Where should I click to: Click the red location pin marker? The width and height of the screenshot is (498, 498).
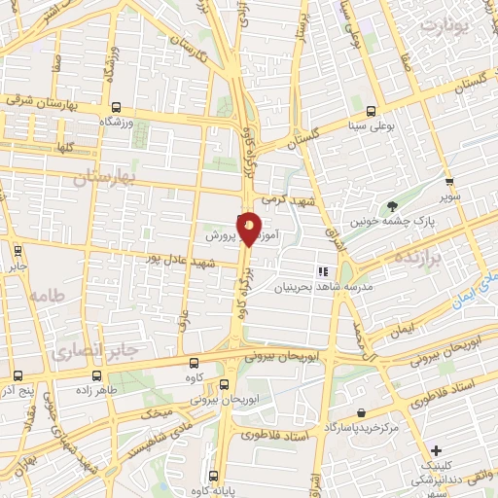249,228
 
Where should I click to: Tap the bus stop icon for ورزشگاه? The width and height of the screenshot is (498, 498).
117,108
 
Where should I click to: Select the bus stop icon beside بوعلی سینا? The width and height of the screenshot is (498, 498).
372,110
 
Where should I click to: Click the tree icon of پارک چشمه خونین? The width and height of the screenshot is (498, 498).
392,206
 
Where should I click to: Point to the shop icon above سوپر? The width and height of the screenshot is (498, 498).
448,181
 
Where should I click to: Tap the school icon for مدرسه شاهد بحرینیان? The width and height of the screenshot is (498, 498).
323,271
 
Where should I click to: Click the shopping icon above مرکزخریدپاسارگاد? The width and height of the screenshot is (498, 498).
361,412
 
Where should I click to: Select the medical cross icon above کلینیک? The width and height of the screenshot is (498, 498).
437,450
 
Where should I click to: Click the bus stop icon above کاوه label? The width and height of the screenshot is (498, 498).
191,362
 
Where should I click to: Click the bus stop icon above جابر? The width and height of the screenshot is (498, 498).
18,249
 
